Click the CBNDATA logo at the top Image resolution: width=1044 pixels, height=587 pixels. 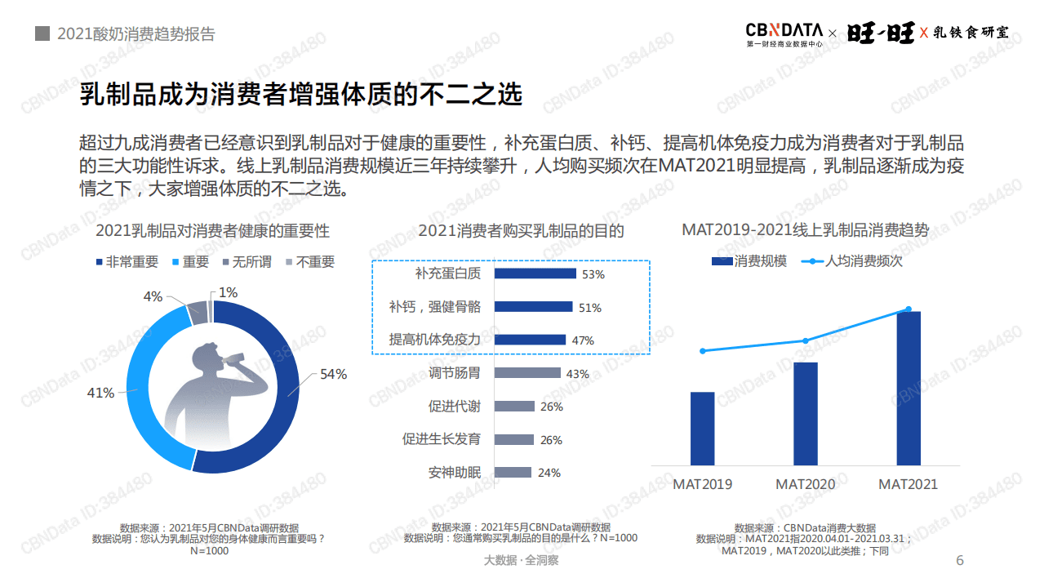point(784,33)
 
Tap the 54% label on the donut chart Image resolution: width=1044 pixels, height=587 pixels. point(333,374)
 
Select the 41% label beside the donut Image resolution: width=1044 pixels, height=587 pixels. point(100,393)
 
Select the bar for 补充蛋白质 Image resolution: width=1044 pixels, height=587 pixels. point(535,273)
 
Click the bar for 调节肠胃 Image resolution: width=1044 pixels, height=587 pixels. point(527,373)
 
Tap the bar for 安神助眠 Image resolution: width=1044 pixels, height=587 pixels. point(513,472)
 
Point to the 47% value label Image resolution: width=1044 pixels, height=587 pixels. point(583,340)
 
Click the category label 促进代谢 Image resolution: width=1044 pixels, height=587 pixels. point(455,407)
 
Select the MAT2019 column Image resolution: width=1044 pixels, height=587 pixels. point(702,429)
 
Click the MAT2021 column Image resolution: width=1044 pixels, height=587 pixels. point(909,389)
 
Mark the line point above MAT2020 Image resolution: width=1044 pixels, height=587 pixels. point(806,340)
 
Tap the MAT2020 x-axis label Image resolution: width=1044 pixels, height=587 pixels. point(806,484)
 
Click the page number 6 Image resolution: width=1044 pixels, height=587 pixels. point(960,560)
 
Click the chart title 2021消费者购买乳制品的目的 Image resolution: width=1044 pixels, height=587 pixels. point(521,231)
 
